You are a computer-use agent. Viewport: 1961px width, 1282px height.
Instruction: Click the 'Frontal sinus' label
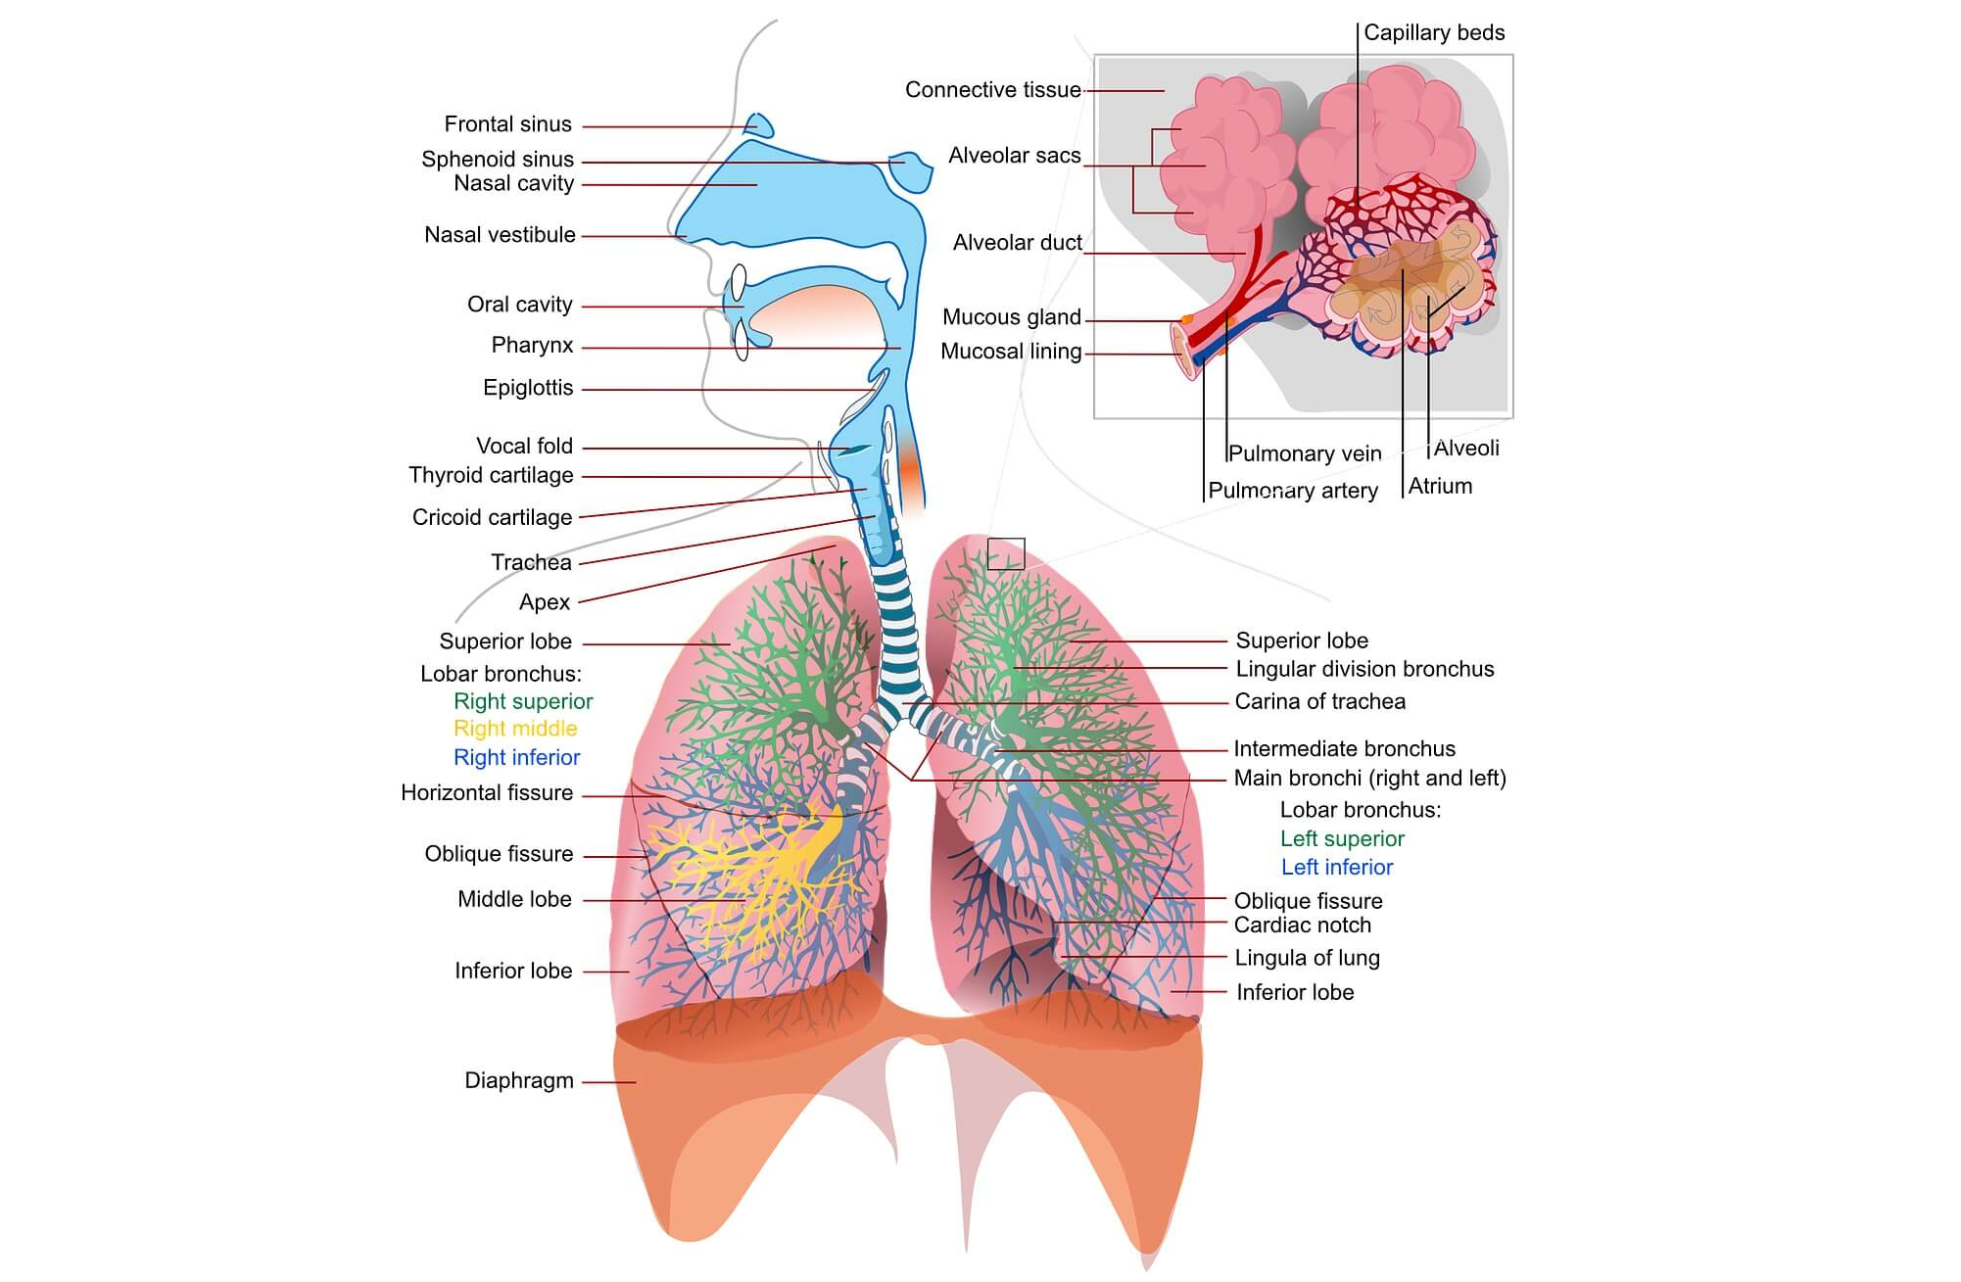tap(507, 124)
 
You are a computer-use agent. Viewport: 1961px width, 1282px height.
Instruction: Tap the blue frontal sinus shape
tap(759, 125)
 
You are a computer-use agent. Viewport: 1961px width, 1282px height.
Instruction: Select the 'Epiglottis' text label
tap(528, 388)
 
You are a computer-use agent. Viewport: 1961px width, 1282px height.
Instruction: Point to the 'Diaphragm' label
tap(518, 1080)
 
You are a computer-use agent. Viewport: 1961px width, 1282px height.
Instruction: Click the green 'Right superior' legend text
tap(523, 701)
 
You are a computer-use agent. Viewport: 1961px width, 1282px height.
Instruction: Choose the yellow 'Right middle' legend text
tap(515, 729)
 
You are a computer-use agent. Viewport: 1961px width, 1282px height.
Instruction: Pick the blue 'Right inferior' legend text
tap(516, 757)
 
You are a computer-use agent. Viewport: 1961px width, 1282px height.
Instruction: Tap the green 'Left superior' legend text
tap(1342, 838)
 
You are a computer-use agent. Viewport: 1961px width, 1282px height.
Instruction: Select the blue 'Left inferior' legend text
tap(1337, 867)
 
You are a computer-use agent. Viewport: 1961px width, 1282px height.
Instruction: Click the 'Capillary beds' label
tap(1434, 32)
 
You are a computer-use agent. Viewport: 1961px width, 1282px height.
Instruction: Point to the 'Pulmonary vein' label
tap(1305, 453)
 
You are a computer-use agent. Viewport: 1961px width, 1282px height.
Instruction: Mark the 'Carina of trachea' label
tap(1319, 701)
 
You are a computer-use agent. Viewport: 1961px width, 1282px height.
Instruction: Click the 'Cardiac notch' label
tap(1302, 925)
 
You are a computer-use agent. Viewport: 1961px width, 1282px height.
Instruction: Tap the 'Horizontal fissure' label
tap(487, 792)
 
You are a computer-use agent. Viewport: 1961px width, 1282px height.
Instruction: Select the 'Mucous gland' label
tap(1011, 317)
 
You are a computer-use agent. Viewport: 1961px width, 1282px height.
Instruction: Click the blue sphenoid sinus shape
tap(910, 170)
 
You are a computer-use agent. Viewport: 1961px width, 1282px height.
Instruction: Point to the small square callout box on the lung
tap(1006, 553)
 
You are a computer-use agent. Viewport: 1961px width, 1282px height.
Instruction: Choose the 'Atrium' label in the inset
tap(1440, 486)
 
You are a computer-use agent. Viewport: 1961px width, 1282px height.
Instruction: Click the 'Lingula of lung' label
tap(1307, 958)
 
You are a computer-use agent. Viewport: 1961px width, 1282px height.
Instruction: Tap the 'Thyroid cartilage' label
tap(491, 475)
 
